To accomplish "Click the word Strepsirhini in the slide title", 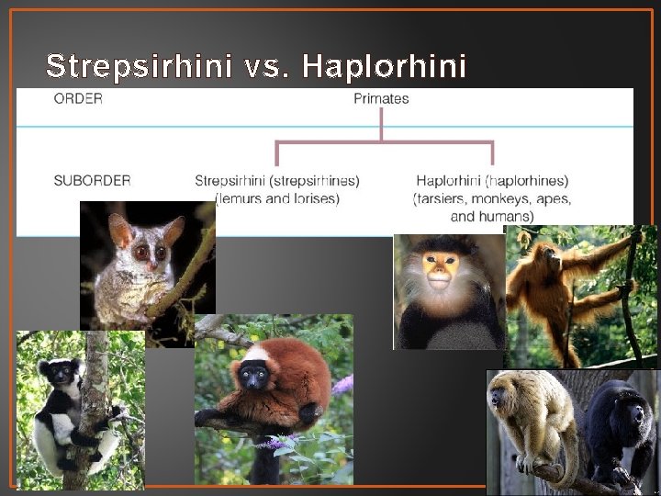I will pyautogui.click(x=138, y=66).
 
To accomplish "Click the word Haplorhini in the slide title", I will pyautogui.click(x=384, y=66).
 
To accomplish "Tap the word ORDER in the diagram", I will pyautogui.click(x=78, y=98).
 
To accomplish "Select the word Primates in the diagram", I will pyautogui.click(x=381, y=98).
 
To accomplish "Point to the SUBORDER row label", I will pyautogui.click(x=92, y=181).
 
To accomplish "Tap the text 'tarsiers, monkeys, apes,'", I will pyautogui.click(x=492, y=198).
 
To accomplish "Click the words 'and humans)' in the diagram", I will pyautogui.click(x=492, y=216).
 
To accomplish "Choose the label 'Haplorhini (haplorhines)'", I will pyautogui.click(x=492, y=181).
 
